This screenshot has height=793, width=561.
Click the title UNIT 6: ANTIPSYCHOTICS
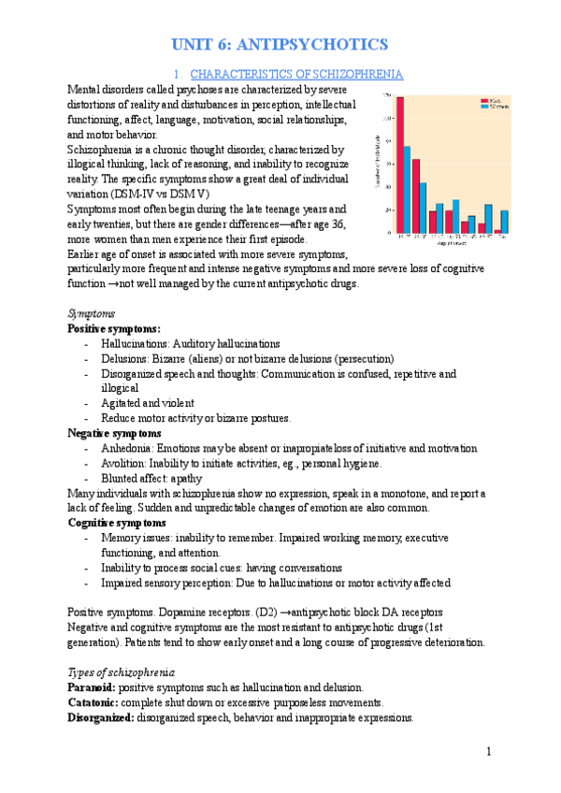280,44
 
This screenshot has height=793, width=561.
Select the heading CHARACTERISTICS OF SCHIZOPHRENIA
296,73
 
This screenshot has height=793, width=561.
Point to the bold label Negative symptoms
114,434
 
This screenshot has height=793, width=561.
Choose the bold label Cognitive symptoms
117,523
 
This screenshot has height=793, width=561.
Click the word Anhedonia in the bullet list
130,449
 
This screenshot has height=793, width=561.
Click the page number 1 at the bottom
488,752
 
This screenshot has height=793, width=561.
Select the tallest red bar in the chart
400,165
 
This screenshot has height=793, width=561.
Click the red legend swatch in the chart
483,98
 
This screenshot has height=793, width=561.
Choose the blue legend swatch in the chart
483,105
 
